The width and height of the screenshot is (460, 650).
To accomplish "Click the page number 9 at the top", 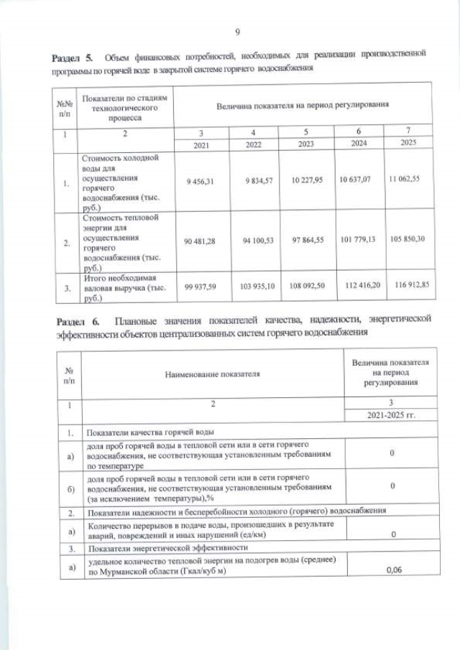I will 236,31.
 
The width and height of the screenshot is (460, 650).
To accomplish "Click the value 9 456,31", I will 201,182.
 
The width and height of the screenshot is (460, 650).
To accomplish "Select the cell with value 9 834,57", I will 254,181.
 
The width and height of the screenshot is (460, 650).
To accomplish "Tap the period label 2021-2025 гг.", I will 391,416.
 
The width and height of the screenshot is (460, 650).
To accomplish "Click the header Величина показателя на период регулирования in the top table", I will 303,106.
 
